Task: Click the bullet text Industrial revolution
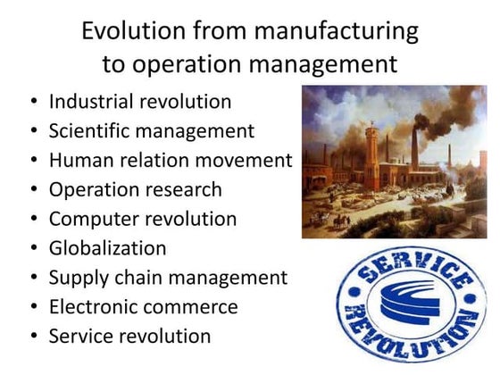(x=140, y=102)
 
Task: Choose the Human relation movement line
(x=171, y=161)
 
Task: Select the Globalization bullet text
(x=107, y=247)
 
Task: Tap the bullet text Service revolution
(x=130, y=336)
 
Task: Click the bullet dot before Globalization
(x=32, y=248)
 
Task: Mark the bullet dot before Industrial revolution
(x=32, y=103)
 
